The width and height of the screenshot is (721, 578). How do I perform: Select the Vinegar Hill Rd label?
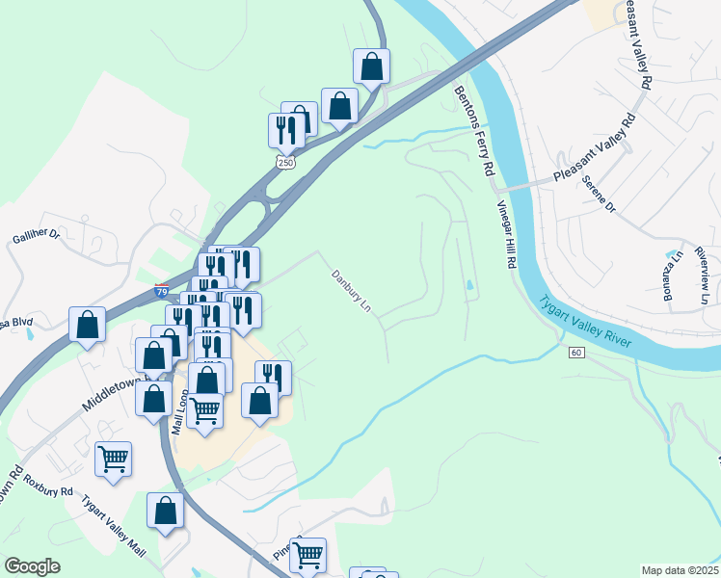pos(507,235)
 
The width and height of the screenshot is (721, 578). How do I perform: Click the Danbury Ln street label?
pos(352,290)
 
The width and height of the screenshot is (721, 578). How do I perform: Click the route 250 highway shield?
pos(285,163)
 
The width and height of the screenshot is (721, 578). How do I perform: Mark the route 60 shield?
pos(576,353)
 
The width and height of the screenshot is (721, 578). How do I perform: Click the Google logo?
pos(32,566)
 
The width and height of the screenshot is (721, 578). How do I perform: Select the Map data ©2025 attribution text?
pos(680,570)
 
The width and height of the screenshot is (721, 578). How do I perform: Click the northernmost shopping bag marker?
pos(371,67)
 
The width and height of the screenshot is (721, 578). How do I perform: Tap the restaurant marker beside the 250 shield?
pos(285,130)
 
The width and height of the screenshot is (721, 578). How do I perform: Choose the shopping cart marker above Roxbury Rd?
pos(113,459)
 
